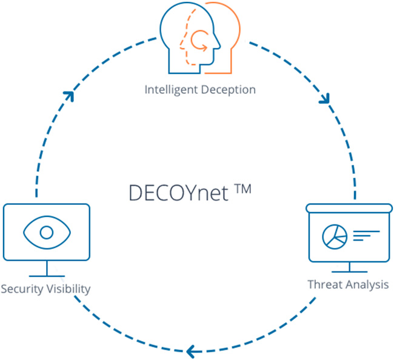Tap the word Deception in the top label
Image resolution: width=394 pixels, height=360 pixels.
coord(227,90)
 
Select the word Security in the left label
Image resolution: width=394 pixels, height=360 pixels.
coord(22,288)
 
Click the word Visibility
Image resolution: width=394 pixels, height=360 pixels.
coord(68,288)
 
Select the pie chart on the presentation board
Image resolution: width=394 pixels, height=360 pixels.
coord(333,236)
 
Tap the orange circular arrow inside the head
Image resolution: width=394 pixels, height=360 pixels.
coord(199,42)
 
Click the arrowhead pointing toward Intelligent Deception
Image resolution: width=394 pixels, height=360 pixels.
coord(70,96)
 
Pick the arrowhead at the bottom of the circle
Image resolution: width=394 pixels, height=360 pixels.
coord(192,350)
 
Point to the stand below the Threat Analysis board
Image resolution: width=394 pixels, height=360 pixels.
coord(349,267)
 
